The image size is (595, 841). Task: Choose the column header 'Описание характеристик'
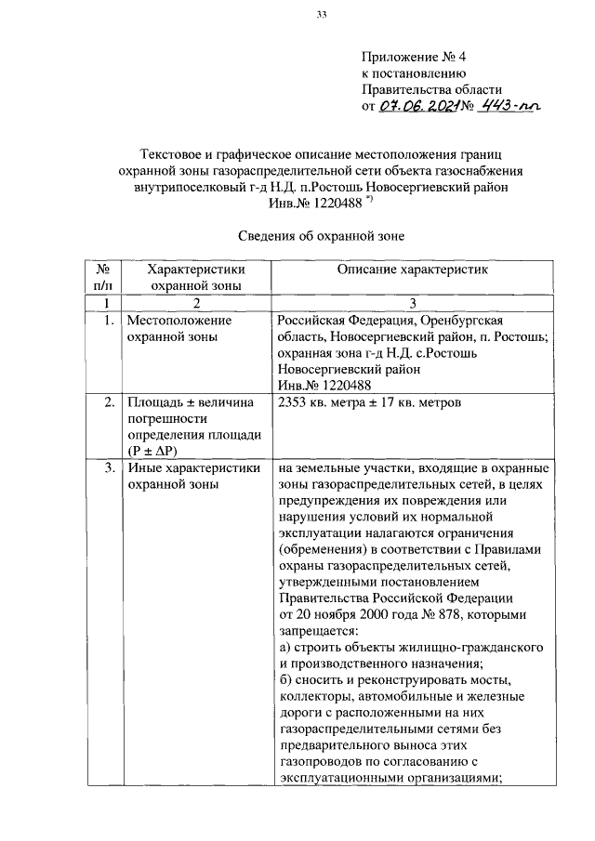tap(411, 269)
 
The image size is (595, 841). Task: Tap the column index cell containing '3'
tap(411, 303)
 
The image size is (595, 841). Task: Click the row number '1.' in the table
tap(109, 320)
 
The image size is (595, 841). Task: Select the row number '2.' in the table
tap(109, 402)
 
